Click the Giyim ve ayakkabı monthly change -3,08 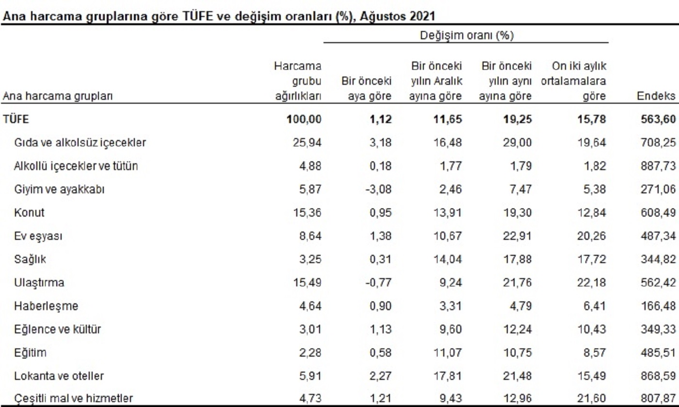(x=377, y=189)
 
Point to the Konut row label (x=29, y=213)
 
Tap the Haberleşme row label (x=46, y=306)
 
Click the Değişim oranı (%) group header (x=466, y=35)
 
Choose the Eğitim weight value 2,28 (x=310, y=353)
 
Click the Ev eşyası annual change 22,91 (x=517, y=236)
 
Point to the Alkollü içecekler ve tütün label (x=76, y=166)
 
